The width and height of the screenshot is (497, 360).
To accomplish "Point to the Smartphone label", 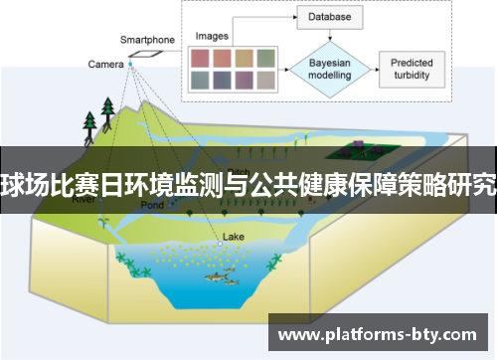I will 147,40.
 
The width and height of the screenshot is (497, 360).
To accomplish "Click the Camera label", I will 105,64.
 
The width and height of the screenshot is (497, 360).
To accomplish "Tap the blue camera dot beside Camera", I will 130,64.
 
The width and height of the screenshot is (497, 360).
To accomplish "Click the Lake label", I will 233,237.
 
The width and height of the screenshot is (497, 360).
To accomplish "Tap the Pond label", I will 152,205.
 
